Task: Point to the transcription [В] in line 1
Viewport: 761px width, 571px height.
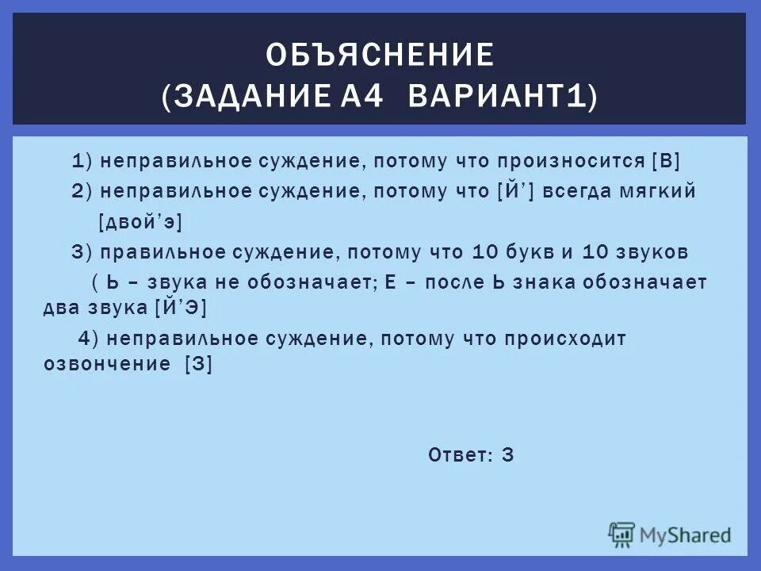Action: click(665, 161)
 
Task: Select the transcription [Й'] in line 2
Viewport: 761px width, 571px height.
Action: click(517, 192)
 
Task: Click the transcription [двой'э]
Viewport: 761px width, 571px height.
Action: click(140, 223)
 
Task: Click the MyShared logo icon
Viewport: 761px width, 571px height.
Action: click(622, 535)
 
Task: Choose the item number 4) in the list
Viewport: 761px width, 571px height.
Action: click(87, 339)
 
